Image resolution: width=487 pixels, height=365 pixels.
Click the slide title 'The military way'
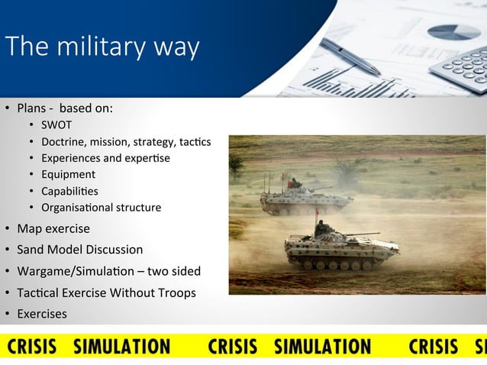102,47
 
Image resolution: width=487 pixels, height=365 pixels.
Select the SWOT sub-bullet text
56,125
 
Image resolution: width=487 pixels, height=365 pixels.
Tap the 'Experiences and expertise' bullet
105,158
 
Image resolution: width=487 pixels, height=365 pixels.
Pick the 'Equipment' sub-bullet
68,175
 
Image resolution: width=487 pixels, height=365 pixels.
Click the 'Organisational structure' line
101,208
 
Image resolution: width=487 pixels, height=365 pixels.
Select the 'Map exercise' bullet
53,229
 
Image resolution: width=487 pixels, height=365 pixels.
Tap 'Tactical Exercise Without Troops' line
106,292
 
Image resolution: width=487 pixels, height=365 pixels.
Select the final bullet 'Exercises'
42,314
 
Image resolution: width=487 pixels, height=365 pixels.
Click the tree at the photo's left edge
236,164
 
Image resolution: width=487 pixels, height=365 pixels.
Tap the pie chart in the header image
454,32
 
